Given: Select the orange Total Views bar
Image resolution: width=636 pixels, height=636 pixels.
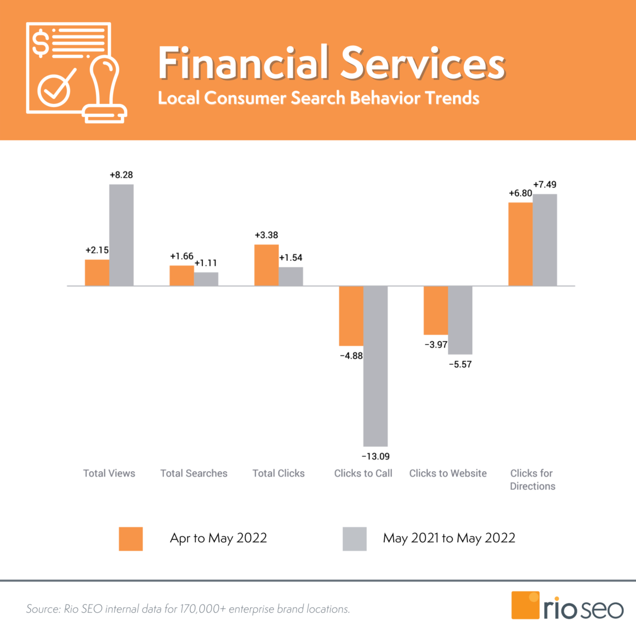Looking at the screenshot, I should point(97,272).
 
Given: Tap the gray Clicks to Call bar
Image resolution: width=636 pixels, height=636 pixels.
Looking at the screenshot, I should point(375,366).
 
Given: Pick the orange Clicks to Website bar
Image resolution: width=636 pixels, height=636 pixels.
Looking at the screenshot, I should point(436,310).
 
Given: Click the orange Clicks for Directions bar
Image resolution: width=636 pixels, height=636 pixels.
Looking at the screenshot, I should point(520,244).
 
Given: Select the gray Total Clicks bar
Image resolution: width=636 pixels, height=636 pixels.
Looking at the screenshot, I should point(291,276).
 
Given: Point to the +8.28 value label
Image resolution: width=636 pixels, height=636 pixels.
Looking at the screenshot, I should point(121,175).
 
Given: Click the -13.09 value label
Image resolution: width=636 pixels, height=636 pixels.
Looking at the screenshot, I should point(375,456).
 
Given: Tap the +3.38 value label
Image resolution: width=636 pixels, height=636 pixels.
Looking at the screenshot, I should point(266,235).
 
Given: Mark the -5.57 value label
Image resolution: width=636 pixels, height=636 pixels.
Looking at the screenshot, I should point(460,364).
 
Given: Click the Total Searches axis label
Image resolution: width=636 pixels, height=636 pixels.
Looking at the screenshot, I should point(194,473).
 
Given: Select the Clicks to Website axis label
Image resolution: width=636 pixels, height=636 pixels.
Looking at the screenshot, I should point(448,473).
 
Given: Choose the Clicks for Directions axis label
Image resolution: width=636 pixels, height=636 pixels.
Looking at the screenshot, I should point(532,480).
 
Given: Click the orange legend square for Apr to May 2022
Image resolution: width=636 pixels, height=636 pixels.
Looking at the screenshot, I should point(131,538).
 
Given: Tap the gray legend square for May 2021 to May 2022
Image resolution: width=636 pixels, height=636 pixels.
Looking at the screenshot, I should point(355,538).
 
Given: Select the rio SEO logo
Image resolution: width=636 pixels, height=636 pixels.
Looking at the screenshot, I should point(567,606).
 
